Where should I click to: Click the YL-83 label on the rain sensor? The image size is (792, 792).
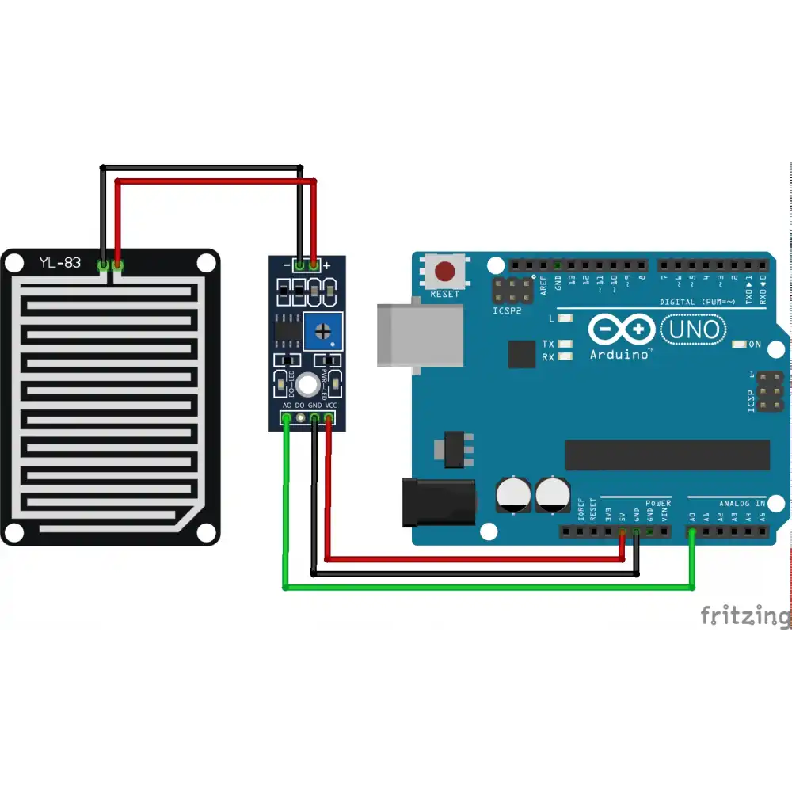tap(60, 262)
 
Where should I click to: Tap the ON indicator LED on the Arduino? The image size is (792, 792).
tap(739, 345)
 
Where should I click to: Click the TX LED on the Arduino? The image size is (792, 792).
tap(565, 345)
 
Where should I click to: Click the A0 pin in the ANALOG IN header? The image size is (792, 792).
tap(692, 531)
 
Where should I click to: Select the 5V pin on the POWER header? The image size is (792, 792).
tap(623, 531)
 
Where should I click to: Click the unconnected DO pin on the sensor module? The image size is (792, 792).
tap(300, 417)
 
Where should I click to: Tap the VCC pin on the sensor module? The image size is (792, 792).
tap(328, 417)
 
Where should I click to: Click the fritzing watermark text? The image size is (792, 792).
tap(744, 615)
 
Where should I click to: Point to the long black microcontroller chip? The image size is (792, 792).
tap(667, 455)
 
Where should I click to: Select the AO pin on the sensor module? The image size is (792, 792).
tap(286, 417)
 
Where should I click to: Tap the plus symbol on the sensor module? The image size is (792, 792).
tap(326, 265)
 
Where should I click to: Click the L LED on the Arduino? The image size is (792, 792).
tap(565, 318)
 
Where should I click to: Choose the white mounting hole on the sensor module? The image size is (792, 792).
tap(308, 385)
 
